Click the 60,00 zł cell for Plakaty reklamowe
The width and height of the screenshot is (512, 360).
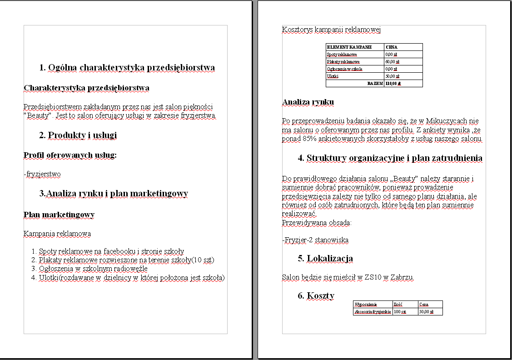point(392,61)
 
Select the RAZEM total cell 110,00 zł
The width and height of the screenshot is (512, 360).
point(392,84)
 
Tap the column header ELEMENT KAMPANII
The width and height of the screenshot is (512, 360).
point(349,47)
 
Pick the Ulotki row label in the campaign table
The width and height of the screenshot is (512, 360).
point(333,76)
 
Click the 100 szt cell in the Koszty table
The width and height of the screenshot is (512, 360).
point(400,312)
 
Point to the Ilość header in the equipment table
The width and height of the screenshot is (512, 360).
point(398,304)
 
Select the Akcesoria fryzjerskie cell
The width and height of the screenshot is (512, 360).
point(373,312)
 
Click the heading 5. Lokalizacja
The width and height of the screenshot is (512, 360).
point(325,259)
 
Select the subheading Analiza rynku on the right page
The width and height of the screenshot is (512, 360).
point(308,102)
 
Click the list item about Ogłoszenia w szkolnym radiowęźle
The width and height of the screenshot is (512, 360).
point(93,269)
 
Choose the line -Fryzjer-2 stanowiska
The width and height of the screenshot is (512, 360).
point(315,240)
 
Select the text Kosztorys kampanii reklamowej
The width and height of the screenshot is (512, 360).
point(331,30)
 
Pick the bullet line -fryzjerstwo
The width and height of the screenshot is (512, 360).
point(42,174)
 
